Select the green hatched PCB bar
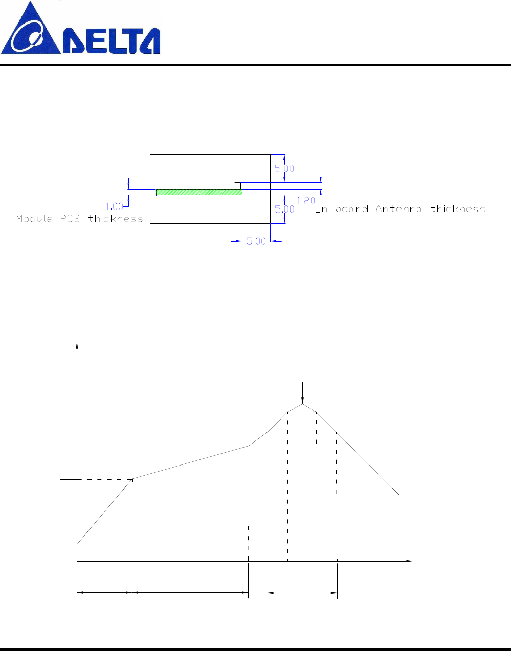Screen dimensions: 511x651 [199, 192]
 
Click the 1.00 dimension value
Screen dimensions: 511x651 [114, 206]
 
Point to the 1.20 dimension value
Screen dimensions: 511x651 [305, 201]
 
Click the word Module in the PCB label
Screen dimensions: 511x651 [34, 219]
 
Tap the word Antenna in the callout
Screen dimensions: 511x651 [398, 208]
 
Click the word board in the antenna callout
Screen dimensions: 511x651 [351, 208]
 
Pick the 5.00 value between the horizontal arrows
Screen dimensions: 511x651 [256, 241]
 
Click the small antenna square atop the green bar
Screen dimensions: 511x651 [237, 185]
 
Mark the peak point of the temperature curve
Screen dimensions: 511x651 [303, 404]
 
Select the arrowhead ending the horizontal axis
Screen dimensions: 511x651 [409, 561]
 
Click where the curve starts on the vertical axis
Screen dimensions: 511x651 [77, 545]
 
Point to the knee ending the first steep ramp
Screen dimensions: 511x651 [132, 479]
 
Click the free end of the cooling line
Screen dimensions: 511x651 [398, 494]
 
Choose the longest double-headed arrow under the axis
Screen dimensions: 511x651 [190, 593]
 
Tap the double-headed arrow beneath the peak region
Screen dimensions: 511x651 [302, 593]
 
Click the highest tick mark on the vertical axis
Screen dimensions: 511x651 [68, 411]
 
